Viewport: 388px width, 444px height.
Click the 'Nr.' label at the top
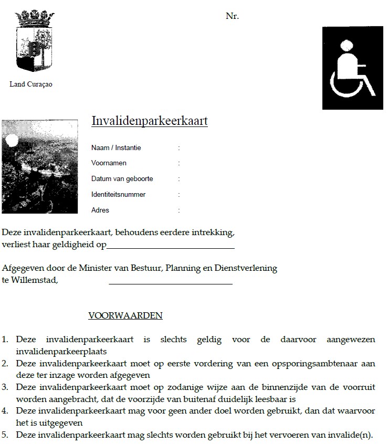(232, 16)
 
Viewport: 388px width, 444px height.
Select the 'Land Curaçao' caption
(31, 84)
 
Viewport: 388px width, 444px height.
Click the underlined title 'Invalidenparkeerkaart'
(150, 121)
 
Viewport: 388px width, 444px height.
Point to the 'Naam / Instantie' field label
(116, 147)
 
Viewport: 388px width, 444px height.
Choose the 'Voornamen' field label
(109, 163)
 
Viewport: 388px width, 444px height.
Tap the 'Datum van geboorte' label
(122, 179)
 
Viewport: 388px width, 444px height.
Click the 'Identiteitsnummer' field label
(118, 195)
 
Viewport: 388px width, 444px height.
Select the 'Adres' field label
(100, 210)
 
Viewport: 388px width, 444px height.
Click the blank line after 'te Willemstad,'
(171, 283)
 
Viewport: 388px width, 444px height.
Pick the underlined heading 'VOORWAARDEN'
(125, 316)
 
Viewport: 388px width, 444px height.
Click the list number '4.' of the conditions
(5, 411)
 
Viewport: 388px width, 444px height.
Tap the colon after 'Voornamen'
(179, 163)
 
